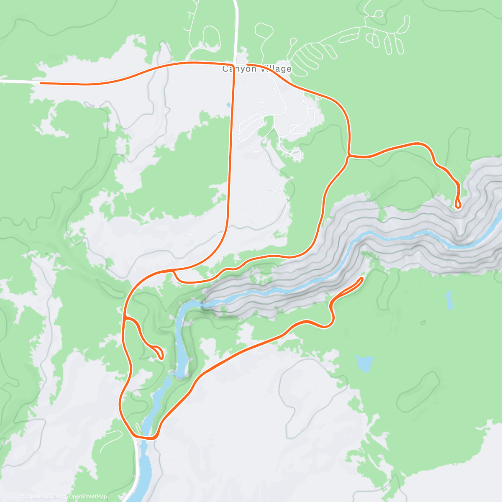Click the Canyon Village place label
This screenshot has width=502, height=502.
(x=256, y=69)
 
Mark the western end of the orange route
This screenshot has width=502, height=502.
(x=41, y=83)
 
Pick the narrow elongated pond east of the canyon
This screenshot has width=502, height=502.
(x=449, y=300)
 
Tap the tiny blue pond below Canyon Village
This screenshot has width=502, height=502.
(x=228, y=105)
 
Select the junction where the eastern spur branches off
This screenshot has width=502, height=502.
(x=348, y=156)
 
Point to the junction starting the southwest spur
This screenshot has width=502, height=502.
(x=125, y=318)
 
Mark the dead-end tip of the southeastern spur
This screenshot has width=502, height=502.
(x=362, y=278)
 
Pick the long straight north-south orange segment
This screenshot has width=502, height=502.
(x=231, y=146)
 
